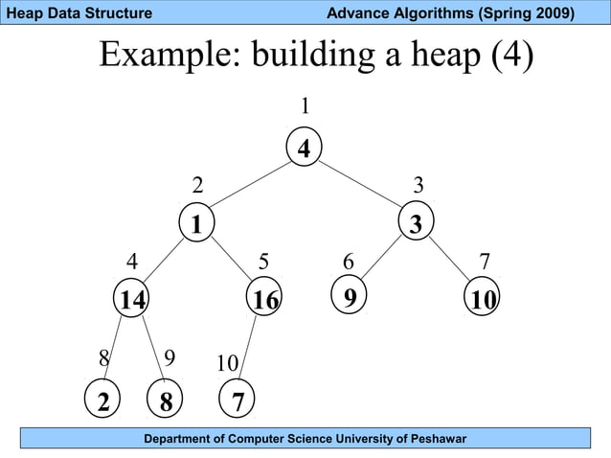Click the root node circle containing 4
(x=304, y=148)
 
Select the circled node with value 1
(x=196, y=224)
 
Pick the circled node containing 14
(x=131, y=300)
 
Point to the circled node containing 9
(x=351, y=297)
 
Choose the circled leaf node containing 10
(x=485, y=300)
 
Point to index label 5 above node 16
(x=264, y=262)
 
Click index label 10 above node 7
(x=227, y=364)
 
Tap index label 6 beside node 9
(x=350, y=262)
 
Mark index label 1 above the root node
(x=305, y=104)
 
